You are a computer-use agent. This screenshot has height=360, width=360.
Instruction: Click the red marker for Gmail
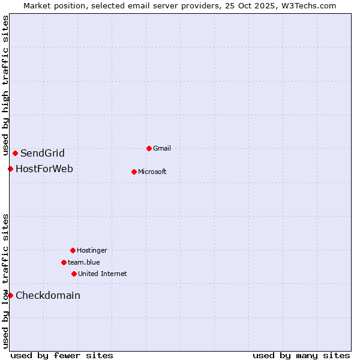coord(149,148)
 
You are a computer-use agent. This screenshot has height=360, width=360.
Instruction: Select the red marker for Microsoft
coord(134,172)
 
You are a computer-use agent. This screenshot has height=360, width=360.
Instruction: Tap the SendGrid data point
coord(15,153)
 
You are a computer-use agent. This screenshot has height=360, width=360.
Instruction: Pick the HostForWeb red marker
coord(10,169)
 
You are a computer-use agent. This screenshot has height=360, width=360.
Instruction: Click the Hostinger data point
coord(73,250)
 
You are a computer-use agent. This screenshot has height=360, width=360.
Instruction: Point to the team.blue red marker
coord(64,262)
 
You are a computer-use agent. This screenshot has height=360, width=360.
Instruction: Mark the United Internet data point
coord(74,274)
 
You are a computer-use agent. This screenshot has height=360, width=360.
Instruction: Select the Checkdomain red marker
coord(10,295)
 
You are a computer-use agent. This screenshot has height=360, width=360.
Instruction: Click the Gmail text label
coord(162,148)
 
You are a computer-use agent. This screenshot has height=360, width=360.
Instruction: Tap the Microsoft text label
coord(152,172)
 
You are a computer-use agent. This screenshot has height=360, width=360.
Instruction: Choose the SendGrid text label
coord(42,153)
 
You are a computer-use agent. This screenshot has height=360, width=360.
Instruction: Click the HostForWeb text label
coord(44,169)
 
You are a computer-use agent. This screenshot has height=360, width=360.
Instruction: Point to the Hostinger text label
coord(92,250)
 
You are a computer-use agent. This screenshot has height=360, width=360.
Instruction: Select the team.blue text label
coord(83,262)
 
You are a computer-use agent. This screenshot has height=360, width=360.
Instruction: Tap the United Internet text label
coord(102,274)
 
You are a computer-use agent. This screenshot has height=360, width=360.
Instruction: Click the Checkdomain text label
coord(47,295)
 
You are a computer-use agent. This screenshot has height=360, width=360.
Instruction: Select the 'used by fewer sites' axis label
coord(62,355)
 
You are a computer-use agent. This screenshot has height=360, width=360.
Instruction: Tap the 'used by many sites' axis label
coord(301,355)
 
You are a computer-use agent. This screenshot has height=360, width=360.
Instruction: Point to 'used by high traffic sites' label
coord(5,86)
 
